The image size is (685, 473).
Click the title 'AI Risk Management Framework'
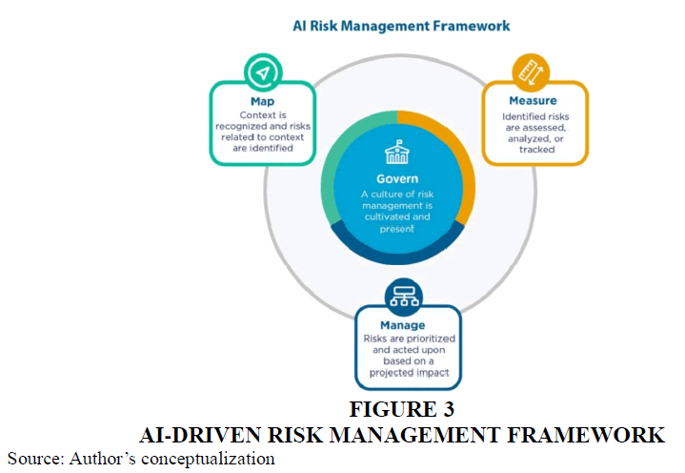pyautogui.click(x=400, y=26)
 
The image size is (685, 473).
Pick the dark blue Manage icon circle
pyautogui.click(x=398, y=296)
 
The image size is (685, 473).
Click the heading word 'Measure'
pyautogui.click(x=533, y=99)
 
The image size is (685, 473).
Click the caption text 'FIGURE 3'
pyautogui.click(x=401, y=413)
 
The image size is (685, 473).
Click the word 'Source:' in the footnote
pyautogui.click(x=34, y=459)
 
